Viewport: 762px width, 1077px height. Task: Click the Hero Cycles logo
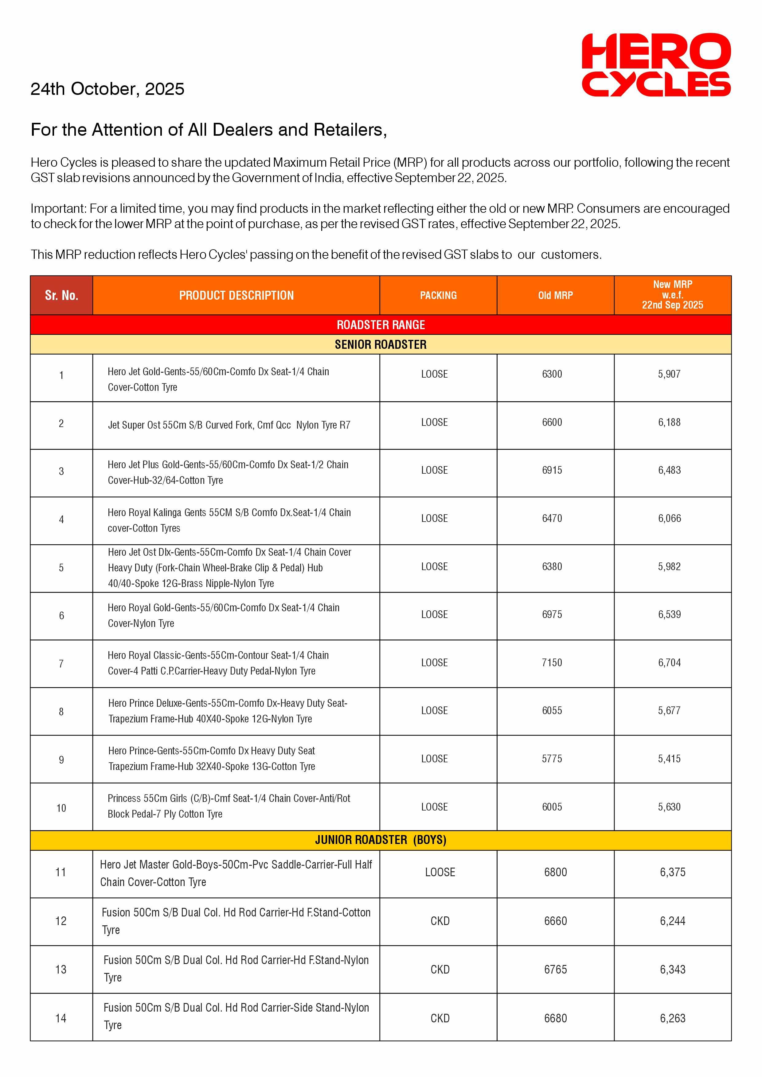[656, 65]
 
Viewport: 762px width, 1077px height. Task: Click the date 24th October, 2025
[107, 89]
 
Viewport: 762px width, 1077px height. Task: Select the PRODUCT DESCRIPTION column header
[236, 296]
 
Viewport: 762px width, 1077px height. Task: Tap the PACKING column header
[438, 296]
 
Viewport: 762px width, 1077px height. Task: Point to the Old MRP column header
[556, 296]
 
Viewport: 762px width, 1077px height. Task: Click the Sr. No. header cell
[61, 296]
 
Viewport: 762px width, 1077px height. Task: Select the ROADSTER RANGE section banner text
[381, 325]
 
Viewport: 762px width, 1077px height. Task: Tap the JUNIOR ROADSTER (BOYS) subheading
[381, 840]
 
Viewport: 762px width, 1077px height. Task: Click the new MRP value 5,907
[669, 374]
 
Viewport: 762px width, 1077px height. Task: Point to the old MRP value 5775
[552, 759]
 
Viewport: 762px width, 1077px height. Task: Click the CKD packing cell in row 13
[440, 970]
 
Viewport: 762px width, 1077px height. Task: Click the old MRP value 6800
[556, 872]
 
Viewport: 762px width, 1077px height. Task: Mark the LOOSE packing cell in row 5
[435, 567]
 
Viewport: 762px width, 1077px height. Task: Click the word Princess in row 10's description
[124, 798]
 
